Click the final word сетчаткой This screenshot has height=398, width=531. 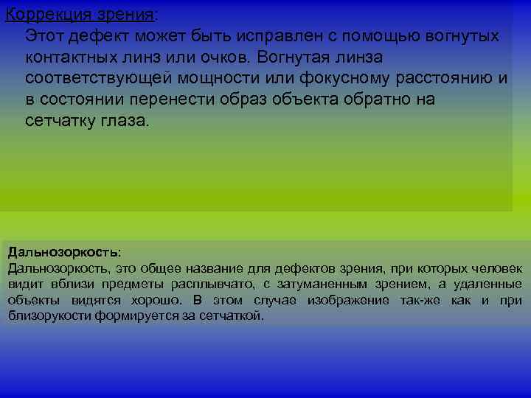[x=238, y=317]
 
